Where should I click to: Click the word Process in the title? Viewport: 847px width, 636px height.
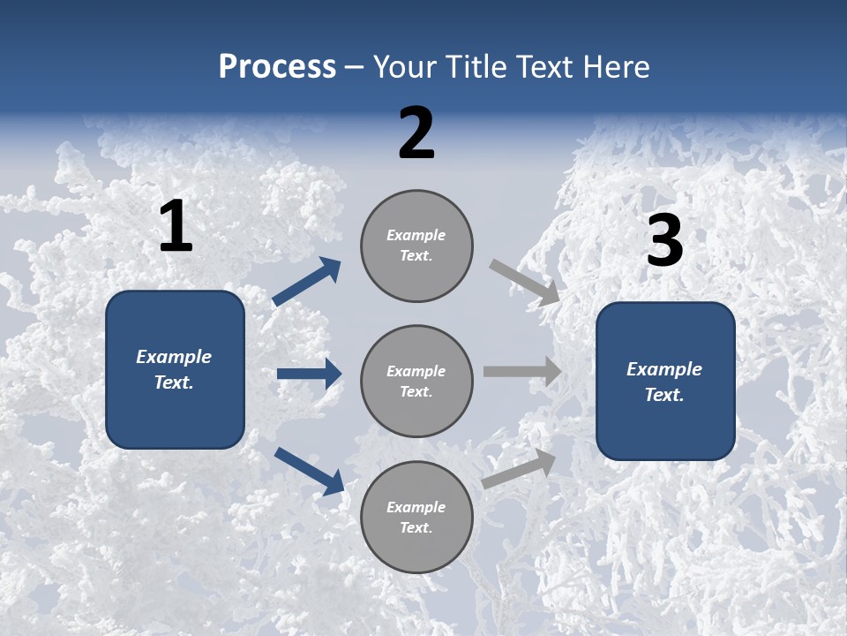277,67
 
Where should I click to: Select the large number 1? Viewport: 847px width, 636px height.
176,228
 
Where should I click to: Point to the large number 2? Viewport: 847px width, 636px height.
416,133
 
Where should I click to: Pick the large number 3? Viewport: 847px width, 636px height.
665,241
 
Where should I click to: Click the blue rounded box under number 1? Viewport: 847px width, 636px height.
175,369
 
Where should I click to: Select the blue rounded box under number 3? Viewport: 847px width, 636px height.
665,382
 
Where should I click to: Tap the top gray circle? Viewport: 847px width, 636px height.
416,246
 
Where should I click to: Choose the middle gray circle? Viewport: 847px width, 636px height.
416,382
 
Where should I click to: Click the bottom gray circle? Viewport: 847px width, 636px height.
416,518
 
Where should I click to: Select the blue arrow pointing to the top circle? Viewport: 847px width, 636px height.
307,281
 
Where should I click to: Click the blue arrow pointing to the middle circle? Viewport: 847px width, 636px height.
309,374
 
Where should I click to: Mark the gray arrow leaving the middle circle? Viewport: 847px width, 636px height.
522,372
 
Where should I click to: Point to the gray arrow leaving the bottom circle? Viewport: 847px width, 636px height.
519,468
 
